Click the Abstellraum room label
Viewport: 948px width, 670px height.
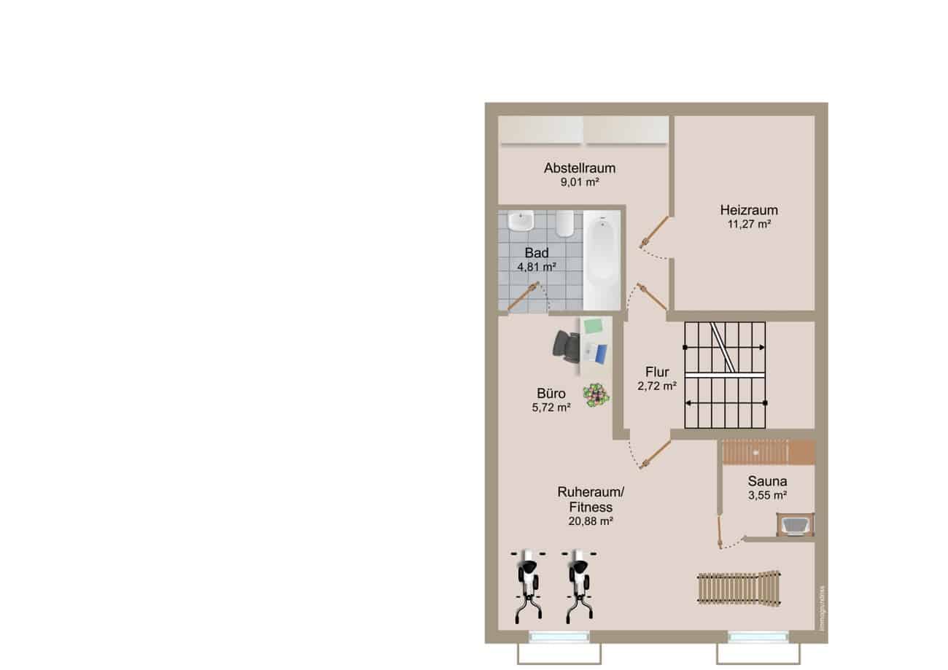click(x=580, y=168)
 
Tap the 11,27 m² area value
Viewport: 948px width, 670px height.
click(x=749, y=224)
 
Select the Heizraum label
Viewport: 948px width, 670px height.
click(x=749, y=210)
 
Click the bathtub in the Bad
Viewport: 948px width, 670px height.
click(x=602, y=260)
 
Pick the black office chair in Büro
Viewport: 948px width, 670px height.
click(x=566, y=346)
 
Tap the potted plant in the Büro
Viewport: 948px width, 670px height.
click(x=597, y=395)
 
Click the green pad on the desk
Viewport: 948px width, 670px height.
click(x=594, y=326)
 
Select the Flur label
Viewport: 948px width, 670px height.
click(x=657, y=372)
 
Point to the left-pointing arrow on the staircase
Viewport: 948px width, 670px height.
click(x=726, y=403)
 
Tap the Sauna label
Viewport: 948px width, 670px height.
click(x=767, y=481)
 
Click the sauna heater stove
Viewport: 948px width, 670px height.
click(x=795, y=525)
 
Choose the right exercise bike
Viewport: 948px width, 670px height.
click(x=580, y=586)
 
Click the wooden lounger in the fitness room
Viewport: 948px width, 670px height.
click(x=739, y=588)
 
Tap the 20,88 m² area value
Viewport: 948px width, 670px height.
click(x=591, y=521)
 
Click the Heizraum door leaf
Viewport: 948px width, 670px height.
click(x=655, y=231)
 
